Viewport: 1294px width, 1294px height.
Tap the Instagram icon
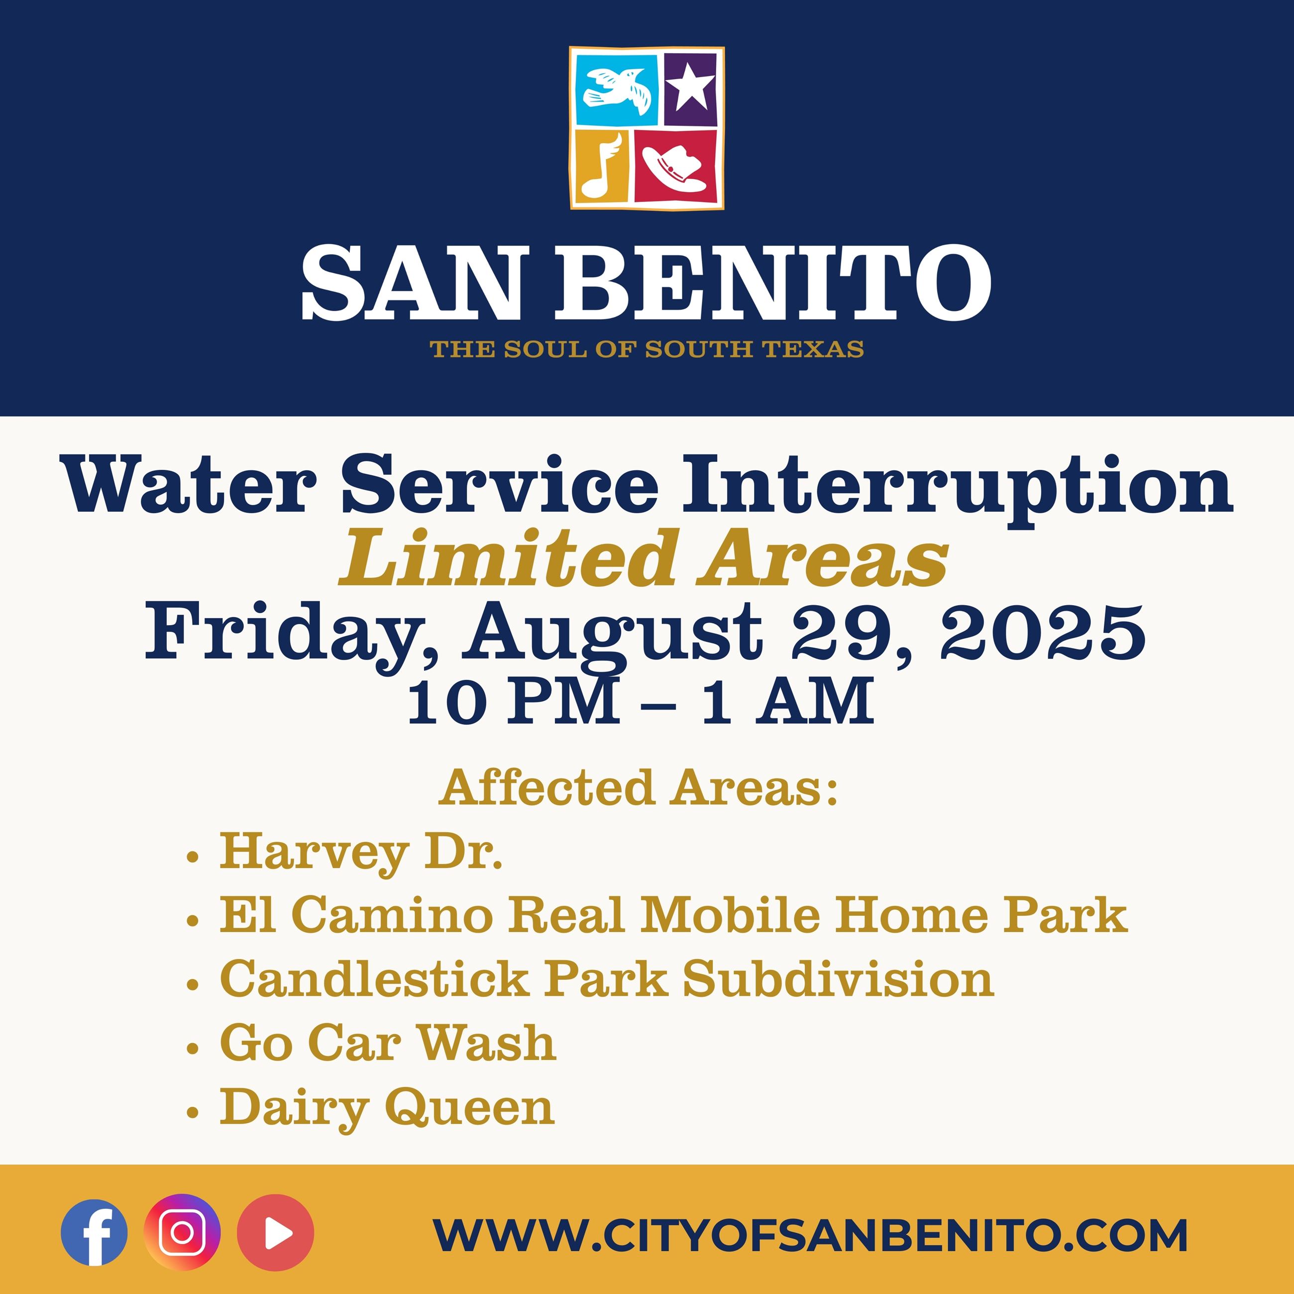[x=182, y=1232]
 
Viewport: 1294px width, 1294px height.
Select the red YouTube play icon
[x=275, y=1232]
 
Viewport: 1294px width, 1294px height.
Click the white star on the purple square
[x=690, y=89]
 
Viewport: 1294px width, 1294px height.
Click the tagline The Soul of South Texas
[x=647, y=349]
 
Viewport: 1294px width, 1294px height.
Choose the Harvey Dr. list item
[x=361, y=853]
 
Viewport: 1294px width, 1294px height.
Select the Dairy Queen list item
[x=387, y=1108]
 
